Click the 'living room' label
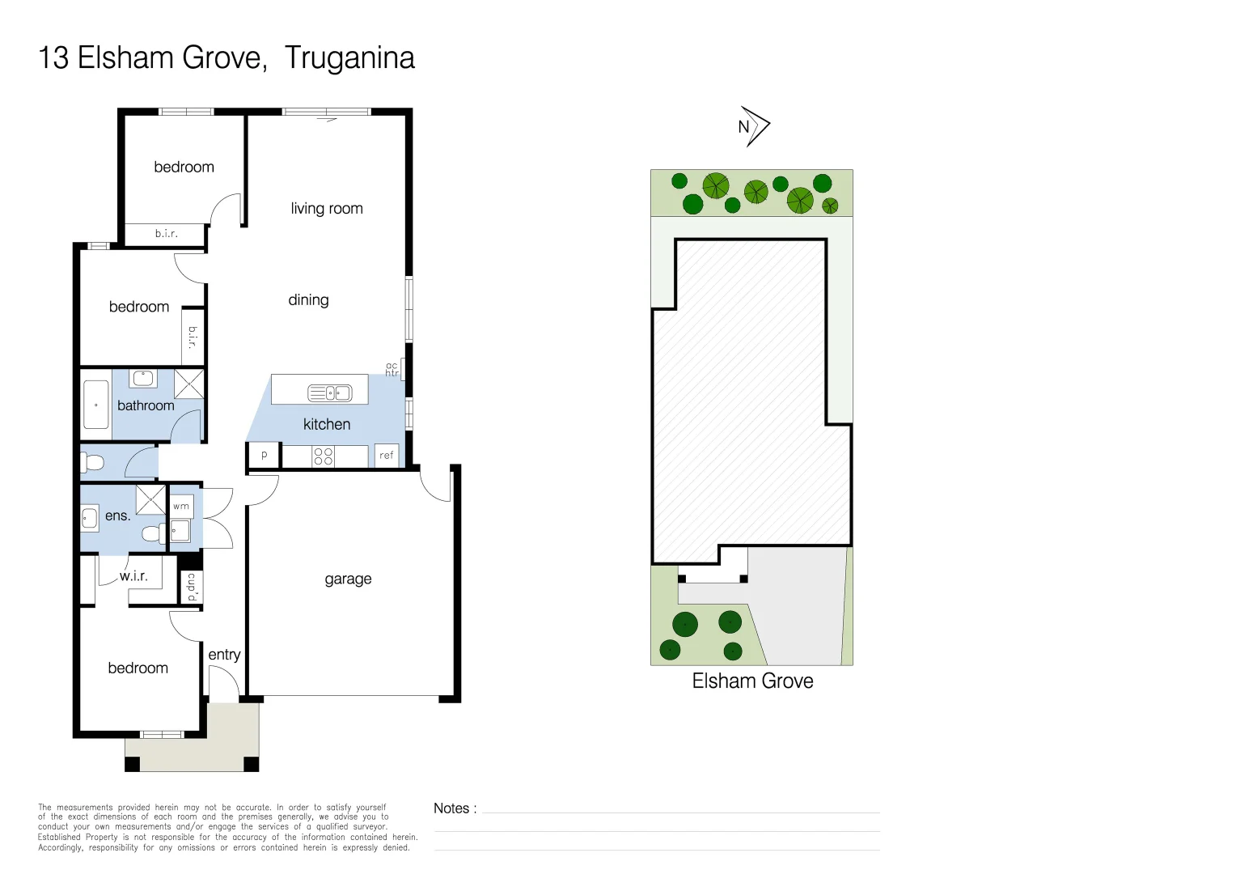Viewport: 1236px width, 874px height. (x=327, y=209)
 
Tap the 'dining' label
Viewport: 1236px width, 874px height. (x=308, y=300)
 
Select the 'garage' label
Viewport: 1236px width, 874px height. (x=348, y=579)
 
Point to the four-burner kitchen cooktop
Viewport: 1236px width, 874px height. (x=323, y=456)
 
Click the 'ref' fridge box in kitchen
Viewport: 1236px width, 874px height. (x=387, y=456)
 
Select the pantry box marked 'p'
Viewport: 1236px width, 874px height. (x=264, y=456)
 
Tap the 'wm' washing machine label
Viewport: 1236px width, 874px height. (x=181, y=507)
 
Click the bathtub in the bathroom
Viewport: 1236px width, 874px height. (x=96, y=405)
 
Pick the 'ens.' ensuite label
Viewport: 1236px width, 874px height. (x=117, y=515)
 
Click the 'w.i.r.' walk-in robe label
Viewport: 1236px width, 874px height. (x=133, y=576)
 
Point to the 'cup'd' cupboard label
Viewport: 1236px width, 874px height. (x=192, y=587)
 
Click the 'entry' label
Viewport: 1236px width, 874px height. (x=224, y=655)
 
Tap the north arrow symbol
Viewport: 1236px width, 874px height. (x=754, y=126)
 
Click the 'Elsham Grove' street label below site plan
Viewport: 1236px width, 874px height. (x=752, y=681)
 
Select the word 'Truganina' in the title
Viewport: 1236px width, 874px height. (x=349, y=58)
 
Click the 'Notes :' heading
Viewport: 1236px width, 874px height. (x=455, y=808)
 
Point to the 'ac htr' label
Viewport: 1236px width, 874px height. (x=392, y=370)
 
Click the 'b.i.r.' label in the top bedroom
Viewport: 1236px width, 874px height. (x=167, y=234)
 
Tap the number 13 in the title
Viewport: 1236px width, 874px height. (x=53, y=58)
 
